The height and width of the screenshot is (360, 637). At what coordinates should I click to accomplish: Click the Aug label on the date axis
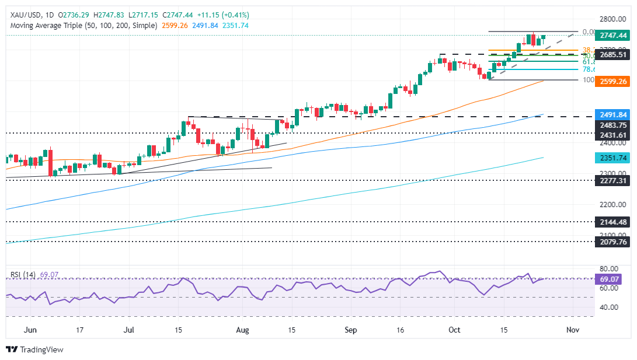pos(243,330)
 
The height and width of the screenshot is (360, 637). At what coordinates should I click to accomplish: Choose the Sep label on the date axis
pos(350,330)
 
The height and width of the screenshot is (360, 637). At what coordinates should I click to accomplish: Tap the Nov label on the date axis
pos(572,330)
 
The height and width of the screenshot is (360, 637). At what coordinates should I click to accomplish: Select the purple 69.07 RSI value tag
pos(610,279)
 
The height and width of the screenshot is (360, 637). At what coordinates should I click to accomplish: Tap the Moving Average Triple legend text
pos(82,26)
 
